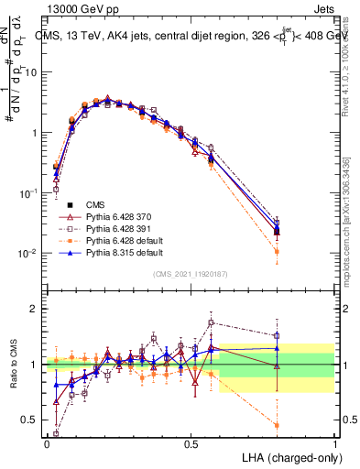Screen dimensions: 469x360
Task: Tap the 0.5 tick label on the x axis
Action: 191,443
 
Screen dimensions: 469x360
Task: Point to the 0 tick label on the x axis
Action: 47,443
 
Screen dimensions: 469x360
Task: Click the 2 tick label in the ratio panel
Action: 33,310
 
